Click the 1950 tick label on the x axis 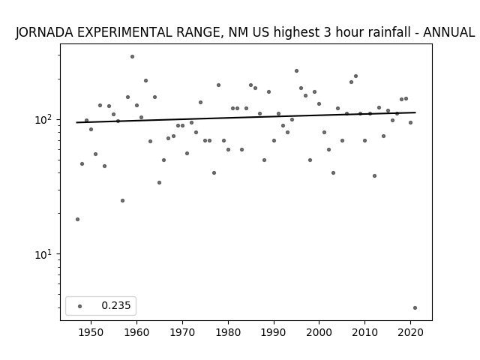coord(91,332)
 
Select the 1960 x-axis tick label coord(136,332)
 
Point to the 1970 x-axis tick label coord(182,332)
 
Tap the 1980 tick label coord(228,332)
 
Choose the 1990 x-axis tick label coord(274,332)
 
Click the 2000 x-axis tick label coord(319,332)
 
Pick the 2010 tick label coord(365,332)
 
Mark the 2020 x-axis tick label coord(410,332)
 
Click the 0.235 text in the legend coord(116,305)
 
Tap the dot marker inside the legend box coord(80,306)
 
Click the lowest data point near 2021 coord(415,308)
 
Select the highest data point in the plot coord(132,57)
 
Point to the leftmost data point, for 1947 coord(77,219)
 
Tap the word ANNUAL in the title coord(448,32)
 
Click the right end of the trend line coord(415,112)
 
